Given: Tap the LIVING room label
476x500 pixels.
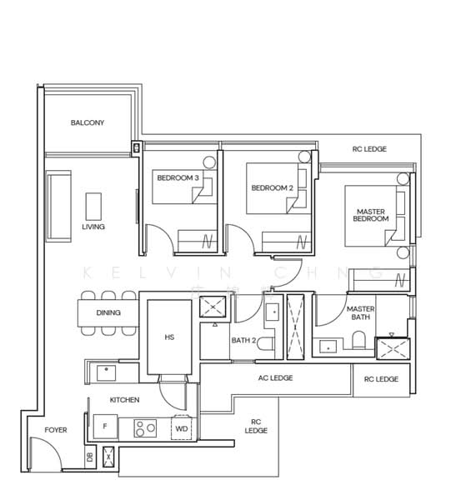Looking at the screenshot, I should [x=93, y=227].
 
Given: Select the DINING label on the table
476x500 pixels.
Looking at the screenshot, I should [x=108, y=313].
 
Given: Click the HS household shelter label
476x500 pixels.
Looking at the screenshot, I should [x=169, y=337].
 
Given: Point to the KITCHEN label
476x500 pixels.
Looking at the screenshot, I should [x=124, y=400].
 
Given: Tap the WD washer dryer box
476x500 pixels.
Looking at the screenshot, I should [x=182, y=429].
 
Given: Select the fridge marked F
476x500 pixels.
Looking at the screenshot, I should [x=104, y=427].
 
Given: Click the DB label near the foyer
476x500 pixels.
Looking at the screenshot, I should [x=89, y=456].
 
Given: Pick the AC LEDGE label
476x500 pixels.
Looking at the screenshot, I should [x=276, y=377].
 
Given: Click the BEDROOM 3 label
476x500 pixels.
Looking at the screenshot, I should [x=178, y=177].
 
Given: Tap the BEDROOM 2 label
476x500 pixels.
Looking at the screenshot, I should [x=273, y=187].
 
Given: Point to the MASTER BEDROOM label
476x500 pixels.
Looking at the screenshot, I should [x=370, y=217].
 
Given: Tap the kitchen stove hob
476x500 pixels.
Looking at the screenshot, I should [x=144, y=430].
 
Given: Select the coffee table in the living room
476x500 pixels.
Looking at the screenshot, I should [x=93, y=205].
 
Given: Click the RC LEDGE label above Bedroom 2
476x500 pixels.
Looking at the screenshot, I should [x=369, y=149].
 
